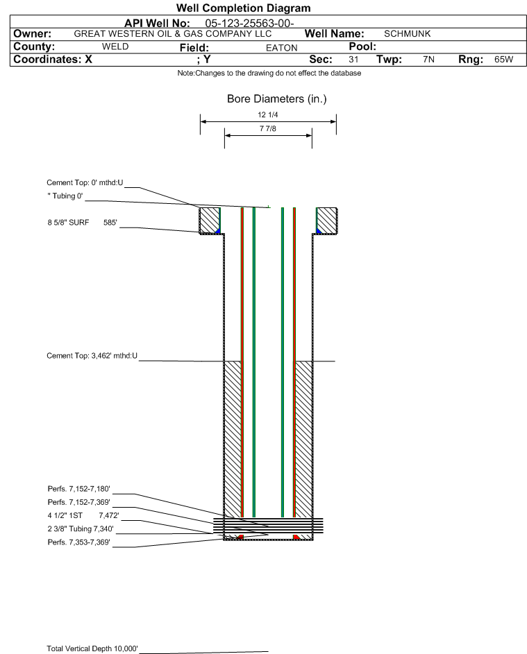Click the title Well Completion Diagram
click(x=243, y=8)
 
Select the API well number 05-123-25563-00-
click(x=249, y=24)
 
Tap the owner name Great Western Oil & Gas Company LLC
click(x=172, y=34)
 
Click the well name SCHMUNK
click(x=407, y=34)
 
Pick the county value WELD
click(x=115, y=46)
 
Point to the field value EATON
click(x=281, y=48)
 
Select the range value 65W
click(x=503, y=59)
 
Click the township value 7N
click(x=428, y=59)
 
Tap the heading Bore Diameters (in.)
click(x=276, y=99)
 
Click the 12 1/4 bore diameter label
click(x=268, y=114)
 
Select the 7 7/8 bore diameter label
click(x=268, y=128)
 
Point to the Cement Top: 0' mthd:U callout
click(x=85, y=182)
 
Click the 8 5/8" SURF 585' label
click(x=82, y=223)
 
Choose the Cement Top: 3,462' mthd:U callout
click(x=92, y=356)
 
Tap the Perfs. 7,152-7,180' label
click(x=79, y=489)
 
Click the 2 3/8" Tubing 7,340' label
click(x=81, y=529)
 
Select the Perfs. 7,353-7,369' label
click(x=79, y=542)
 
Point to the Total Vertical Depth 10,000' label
click(x=92, y=648)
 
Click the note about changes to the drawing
click(x=269, y=73)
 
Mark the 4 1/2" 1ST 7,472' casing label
click(x=83, y=515)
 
